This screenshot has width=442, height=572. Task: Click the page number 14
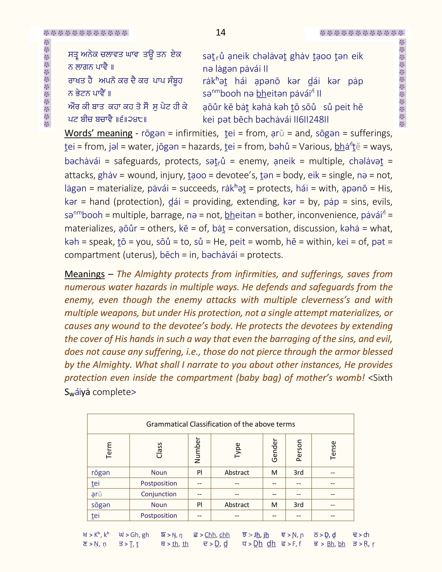221,32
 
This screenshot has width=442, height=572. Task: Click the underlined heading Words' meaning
98,133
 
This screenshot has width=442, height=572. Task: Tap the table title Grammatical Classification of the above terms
220,424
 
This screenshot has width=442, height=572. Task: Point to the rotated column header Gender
274,450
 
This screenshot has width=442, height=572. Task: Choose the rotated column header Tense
333,450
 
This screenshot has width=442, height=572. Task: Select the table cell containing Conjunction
159,494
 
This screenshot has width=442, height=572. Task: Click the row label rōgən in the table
101,473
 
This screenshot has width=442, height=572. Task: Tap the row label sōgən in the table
101,505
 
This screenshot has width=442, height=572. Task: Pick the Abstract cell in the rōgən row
237,473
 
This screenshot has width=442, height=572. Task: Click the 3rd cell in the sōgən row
298,505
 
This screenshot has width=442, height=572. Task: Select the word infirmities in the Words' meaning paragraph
197,133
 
